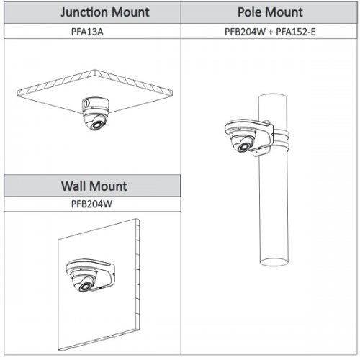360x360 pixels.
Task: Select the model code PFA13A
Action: [87, 32]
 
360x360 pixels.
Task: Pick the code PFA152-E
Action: [296, 32]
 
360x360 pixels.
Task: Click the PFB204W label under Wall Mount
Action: [91, 204]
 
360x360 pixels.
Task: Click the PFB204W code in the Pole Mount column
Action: [245, 32]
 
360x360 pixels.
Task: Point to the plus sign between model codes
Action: [271, 32]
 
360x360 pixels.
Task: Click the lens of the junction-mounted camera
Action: [96, 125]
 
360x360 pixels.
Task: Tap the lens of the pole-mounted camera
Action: [244, 147]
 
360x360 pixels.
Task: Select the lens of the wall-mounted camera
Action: [85, 287]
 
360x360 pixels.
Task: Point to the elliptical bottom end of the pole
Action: [274, 262]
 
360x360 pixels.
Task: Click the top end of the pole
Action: [272, 96]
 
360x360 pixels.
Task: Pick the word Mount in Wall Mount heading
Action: [109, 186]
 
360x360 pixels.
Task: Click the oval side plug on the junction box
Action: [86, 103]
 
